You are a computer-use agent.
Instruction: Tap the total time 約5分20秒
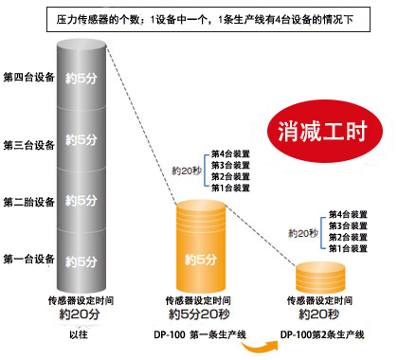point(198,314)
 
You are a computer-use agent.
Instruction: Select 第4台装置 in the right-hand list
point(348,215)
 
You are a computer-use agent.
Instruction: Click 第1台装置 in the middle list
point(230,188)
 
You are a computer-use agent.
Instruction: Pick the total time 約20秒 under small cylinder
point(320,314)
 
